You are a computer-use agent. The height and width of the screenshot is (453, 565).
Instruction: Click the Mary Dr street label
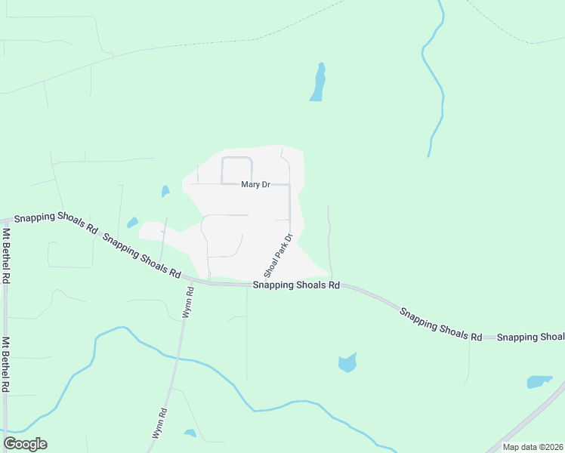(255, 184)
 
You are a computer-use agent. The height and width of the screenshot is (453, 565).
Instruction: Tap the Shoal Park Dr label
(277, 254)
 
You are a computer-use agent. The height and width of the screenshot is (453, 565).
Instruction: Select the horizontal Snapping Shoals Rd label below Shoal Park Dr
(296, 285)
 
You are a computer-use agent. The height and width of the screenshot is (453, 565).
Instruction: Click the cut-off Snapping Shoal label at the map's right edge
(530, 337)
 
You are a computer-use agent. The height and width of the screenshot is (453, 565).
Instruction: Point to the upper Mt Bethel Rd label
(6, 255)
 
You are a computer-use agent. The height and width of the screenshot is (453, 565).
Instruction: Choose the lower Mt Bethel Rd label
(6, 364)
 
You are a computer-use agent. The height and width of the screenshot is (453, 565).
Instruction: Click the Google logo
(25, 444)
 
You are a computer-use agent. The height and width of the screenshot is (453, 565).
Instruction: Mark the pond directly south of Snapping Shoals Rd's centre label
(347, 362)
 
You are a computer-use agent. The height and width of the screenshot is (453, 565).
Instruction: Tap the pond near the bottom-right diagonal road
(539, 382)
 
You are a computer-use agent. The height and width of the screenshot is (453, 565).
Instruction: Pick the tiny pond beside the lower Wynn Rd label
(190, 433)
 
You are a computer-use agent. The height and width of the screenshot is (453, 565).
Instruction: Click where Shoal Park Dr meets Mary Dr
(290, 184)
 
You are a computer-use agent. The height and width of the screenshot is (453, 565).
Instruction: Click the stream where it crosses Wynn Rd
(176, 356)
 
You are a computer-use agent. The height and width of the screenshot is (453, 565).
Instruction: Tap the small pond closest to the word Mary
(165, 192)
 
